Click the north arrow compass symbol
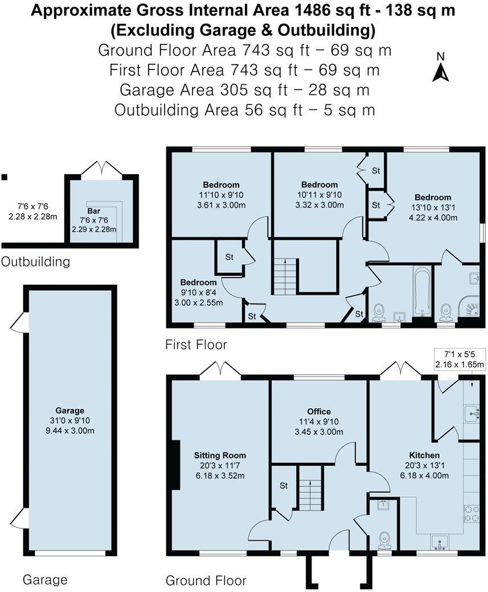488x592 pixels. click(440, 69)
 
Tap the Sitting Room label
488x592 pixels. click(220, 455)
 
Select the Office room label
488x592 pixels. click(319, 412)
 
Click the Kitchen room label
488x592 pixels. click(424, 455)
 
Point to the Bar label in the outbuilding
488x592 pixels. click(93, 211)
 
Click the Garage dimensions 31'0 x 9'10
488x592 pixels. click(70, 420)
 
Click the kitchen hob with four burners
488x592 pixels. click(472, 514)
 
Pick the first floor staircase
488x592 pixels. click(285, 276)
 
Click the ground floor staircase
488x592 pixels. click(311, 489)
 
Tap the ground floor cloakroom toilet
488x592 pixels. click(384, 538)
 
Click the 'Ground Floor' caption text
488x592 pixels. click(206, 580)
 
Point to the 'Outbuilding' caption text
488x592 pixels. click(35, 262)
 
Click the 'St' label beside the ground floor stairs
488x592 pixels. click(284, 486)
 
